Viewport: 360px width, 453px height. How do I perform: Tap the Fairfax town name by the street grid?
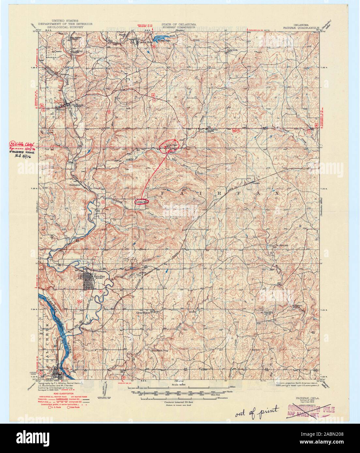pos(98,276)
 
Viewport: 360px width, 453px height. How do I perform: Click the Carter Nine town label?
pos(145,42)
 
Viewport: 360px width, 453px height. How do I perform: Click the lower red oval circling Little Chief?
pos(142,202)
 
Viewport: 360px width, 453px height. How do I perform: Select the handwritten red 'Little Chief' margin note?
pos(22,144)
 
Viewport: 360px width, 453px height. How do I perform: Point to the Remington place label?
pos(75,184)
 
